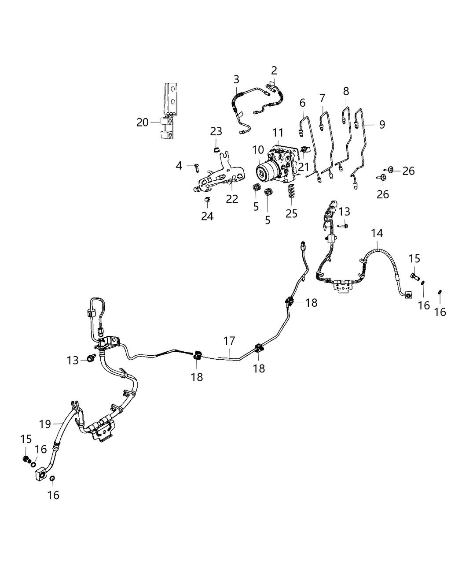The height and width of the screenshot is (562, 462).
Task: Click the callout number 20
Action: [x=142, y=123]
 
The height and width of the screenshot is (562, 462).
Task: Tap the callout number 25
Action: [x=291, y=213]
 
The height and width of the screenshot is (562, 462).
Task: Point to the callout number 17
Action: [x=229, y=341]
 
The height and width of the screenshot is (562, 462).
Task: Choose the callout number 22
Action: [x=232, y=199]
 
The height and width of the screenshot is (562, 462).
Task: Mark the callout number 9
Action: [x=381, y=125]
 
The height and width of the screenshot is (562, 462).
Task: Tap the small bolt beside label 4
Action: [x=195, y=166]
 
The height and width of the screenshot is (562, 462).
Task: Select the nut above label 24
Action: [x=206, y=201]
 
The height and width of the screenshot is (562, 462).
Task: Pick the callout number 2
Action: [x=274, y=71]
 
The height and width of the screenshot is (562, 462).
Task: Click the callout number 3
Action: [x=236, y=80]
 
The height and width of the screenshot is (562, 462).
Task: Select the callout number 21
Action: [x=304, y=167]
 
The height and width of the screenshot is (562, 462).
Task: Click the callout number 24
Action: [x=207, y=216]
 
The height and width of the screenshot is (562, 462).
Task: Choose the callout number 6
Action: [x=302, y=103]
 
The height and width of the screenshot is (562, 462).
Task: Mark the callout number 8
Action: [x=346, y=91]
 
